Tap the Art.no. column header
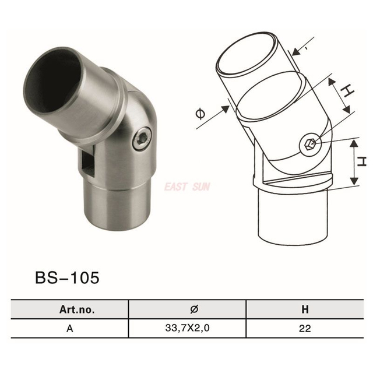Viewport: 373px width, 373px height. click(69, 308)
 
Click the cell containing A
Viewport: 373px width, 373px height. click(69, 328)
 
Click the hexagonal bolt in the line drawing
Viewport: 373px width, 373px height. click(310, 143)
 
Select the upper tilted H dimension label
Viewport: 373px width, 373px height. click(346, 92)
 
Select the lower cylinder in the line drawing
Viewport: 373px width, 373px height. click(293, 216)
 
